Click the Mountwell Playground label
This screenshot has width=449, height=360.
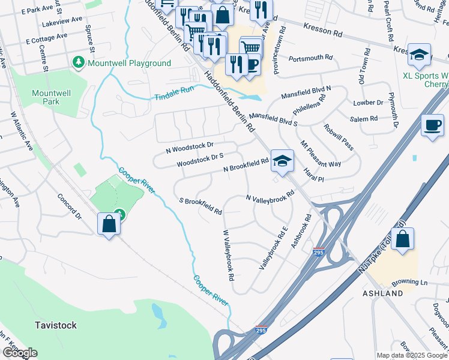tap(129, 63)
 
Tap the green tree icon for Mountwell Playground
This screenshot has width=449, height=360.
tap(78, 62)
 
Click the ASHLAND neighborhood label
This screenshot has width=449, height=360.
tap(382, 293)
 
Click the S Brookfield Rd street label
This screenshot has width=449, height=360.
tap(201, 206)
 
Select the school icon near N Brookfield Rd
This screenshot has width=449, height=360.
tap(282, 161)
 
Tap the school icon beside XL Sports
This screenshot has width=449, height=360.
tap(419, 55)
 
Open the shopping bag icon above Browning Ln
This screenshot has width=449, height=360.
tap(403, 238)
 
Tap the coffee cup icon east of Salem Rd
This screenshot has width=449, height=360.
tap(432, 125)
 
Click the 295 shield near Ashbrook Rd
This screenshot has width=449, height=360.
tap(318, 253)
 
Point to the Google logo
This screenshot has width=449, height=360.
tap(20, 353)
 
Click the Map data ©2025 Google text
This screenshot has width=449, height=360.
tap(411, 355)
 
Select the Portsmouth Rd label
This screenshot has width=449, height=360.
tap(310, 58)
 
